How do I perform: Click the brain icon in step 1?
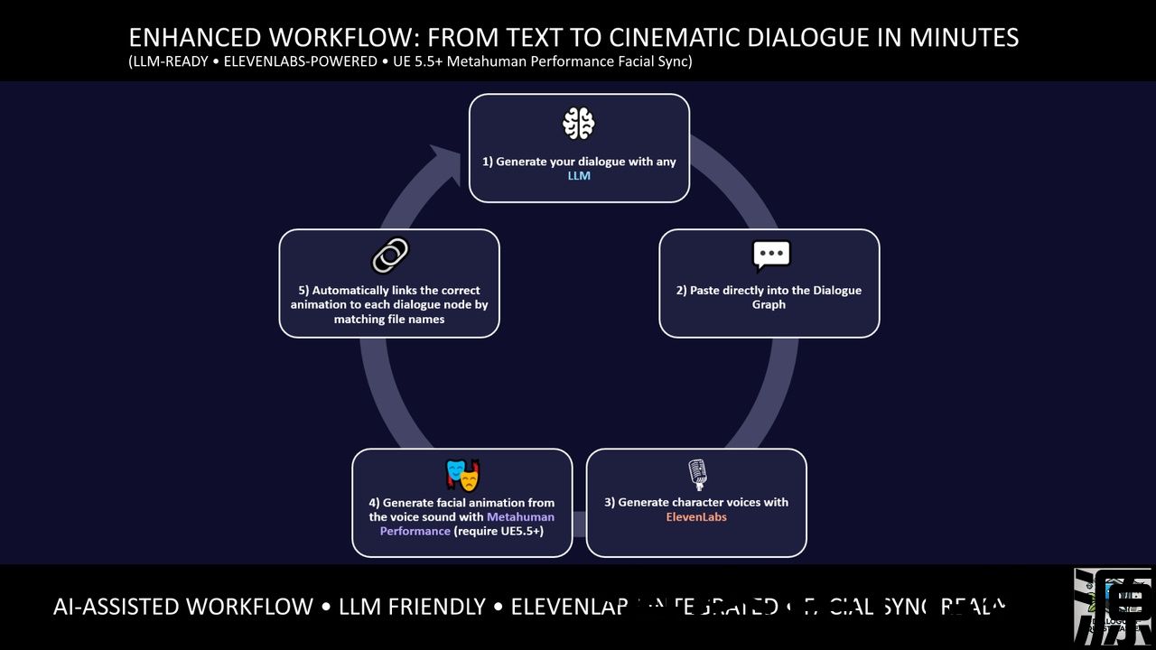tap(579, 124)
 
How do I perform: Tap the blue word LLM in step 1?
tap(579, 176)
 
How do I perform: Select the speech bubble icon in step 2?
tap(770, 256)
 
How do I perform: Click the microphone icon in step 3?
tap(696, 474)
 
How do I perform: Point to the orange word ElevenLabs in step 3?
tap(696, 517)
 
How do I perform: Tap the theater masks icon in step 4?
tap(462, 474)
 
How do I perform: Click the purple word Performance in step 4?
tap(415, 532)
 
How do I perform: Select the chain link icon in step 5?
tap(389, 256)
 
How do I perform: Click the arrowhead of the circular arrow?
tap(444, 163)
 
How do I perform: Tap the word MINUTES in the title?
tap(964, 38)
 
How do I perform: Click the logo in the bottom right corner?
tap(1114, 607)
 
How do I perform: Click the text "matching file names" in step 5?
tap(389, 320)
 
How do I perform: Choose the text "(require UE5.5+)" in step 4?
tap(498, 532)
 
